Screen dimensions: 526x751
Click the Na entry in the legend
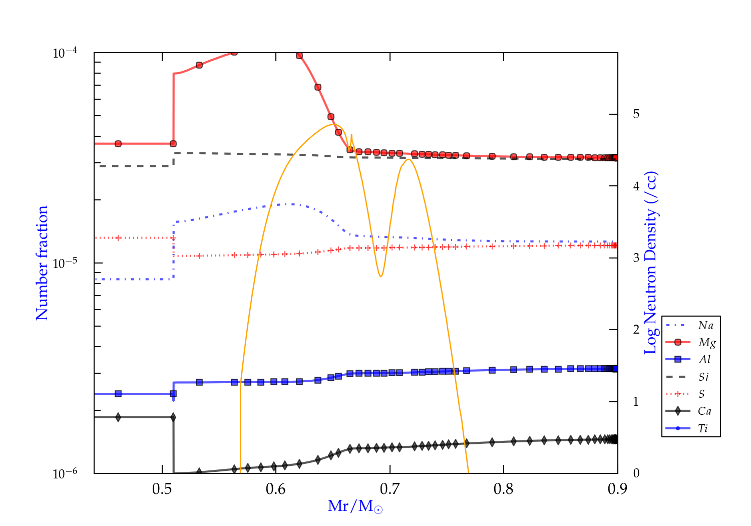(705, 326)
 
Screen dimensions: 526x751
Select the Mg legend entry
(706, 343)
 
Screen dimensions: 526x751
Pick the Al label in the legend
(705, 360)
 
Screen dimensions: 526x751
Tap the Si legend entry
(703, 377)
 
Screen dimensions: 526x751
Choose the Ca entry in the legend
(704, 411)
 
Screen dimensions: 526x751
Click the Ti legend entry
(703, 428)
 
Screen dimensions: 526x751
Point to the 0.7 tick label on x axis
(390, 488)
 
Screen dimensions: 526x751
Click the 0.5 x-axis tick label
(162, 488)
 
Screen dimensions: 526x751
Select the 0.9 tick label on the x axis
(617, 488)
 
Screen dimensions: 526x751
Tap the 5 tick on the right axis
(636, 114)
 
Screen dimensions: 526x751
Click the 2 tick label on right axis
(636, 330)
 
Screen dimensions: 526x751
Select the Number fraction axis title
(42, 262)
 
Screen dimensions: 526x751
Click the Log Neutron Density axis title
(650, 262)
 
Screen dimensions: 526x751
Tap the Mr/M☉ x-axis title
(355, 506)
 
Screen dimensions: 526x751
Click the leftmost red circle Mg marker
(118, 144)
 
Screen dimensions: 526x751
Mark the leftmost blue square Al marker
(118, 394)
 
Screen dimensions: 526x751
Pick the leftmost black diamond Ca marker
(118, 417)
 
